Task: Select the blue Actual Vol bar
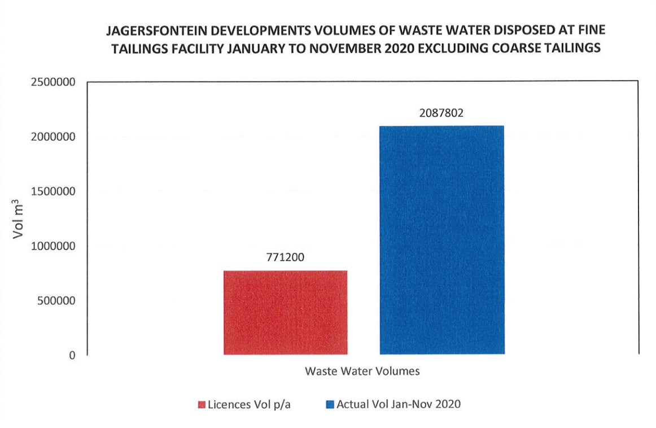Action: click(x=441, y=240)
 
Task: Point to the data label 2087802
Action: click(x=441, y=113)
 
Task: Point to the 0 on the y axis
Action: click(x=72, y=356)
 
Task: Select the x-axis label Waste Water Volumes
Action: click(x=362, y=372)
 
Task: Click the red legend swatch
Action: click(x=201, y=405)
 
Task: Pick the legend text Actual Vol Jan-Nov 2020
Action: click(x=399, y=404)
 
